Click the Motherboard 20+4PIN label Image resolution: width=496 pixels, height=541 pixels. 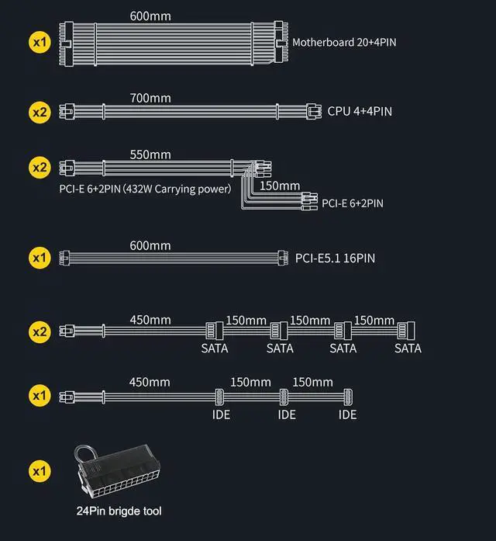pyautogui.click(x=344, y=41)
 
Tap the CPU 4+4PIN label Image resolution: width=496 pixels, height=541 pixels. pyautogui.click(x=360, y=111)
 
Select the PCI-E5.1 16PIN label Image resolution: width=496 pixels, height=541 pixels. pyautogui.click(x=335, y=258)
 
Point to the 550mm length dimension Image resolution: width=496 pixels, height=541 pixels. pyautogui.click(x=150, y=154)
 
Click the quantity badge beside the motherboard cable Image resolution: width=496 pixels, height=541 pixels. pyautogui.click(x=40, y=41)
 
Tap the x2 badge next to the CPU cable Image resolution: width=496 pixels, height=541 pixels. pyautogui.click(x=40, y=112)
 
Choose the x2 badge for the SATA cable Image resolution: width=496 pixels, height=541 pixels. pyautogui.click(x=40, y=331)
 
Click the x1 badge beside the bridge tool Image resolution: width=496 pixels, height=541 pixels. pyautogui.click(x=40, y=470)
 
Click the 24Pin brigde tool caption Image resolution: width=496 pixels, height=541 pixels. pyautogui.click(x=119, y=511)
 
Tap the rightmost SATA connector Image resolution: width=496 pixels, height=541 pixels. pyautogui.click(x=407, y=330)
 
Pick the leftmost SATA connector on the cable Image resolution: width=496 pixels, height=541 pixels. pyautogui.click(x=215, y=330)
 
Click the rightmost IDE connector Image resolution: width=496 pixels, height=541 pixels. pyautogui.click(x=347, y=396)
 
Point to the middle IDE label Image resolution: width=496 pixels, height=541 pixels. pyautogui.click(x=287, y=415)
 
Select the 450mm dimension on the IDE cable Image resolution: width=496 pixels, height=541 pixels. pyautogui.click(x=150, y=382)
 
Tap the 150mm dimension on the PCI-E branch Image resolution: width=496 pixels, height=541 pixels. pyautogui.click(x=279, y=186)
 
